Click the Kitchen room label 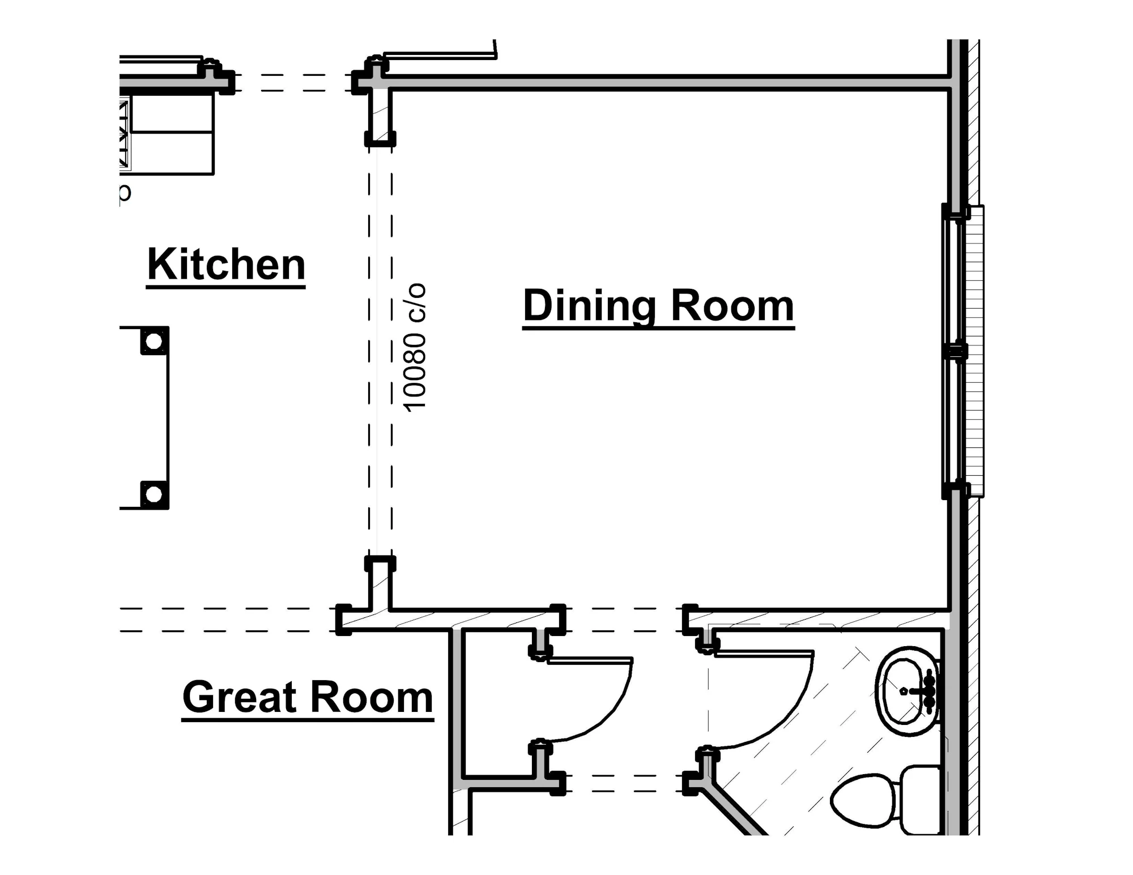226,264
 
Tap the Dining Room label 658,306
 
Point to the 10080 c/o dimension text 414,347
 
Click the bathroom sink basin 906,691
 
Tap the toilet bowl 862,800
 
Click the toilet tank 921,800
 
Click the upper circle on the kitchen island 154,342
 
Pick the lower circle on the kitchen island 154,494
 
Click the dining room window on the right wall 962,351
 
